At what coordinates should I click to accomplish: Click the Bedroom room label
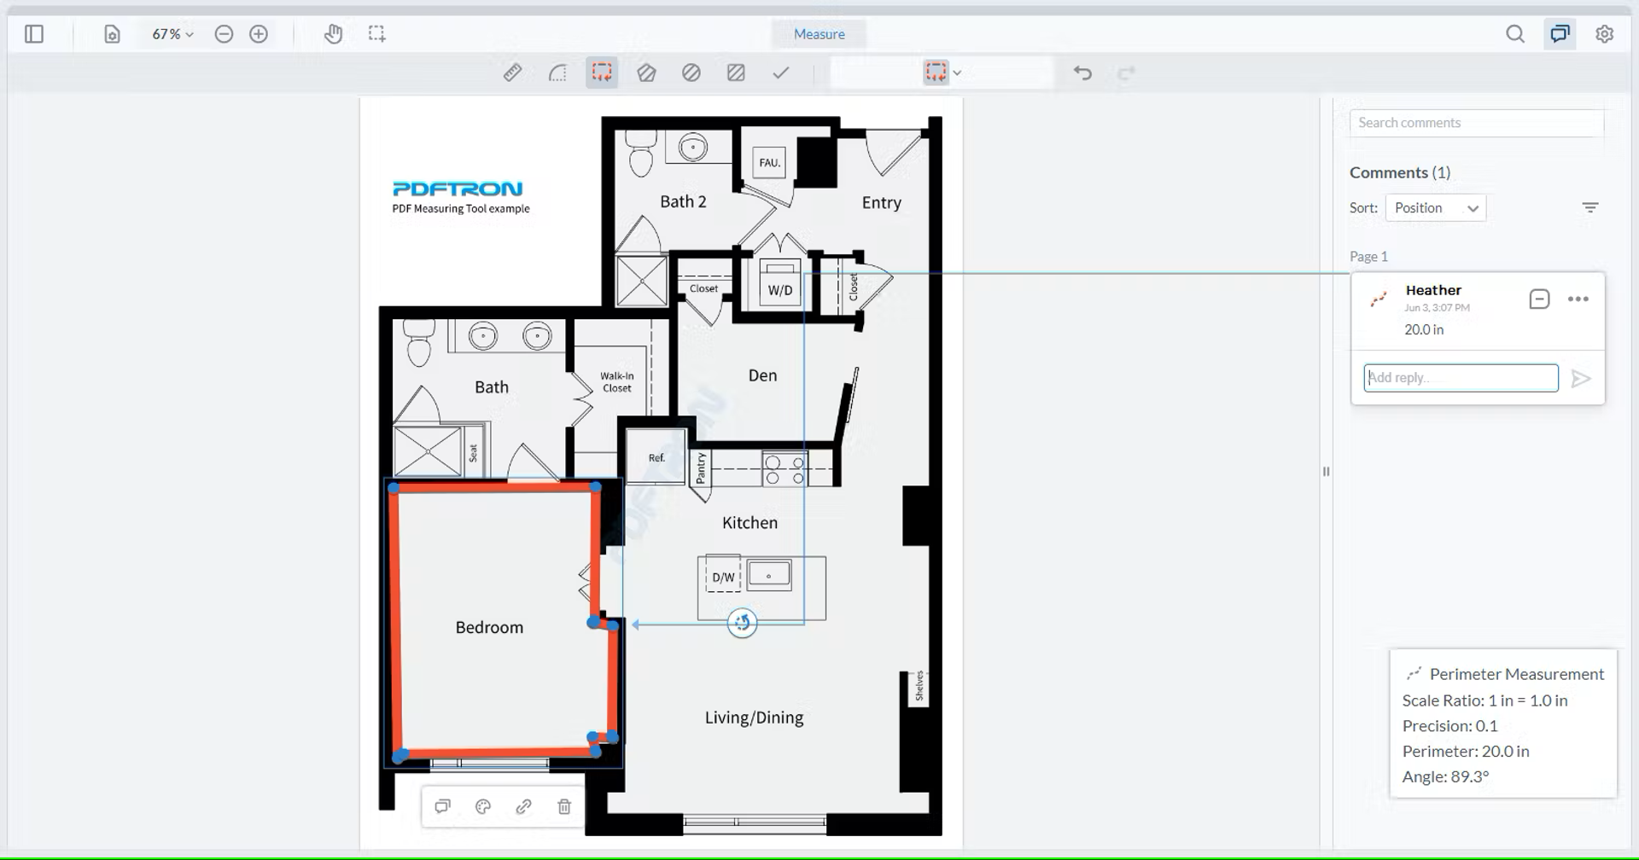(x=489, y=627)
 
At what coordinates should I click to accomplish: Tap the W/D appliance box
(x=779, y=288)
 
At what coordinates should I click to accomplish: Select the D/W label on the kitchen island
(x=723, y=578)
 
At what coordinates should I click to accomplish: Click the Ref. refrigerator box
(x=656, y=456)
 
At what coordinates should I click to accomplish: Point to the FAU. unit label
(x=769, y=162)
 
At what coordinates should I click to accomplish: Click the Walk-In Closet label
(x=616, y=382)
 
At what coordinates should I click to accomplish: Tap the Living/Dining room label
(x=754, y=718)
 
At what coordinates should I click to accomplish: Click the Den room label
(x=762, y=375)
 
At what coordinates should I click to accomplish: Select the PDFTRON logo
(x=458, y=189)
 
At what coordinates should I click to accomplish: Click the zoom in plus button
(x=259, y=34)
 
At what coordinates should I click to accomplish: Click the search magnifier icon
(x=1515, y=34)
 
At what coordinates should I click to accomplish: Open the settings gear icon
(x=1605, y=34)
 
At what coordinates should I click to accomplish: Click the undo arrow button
(x=1082, y=73)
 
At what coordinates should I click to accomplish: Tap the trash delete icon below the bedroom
(x=564, y=806)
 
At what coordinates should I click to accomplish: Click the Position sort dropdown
(x=1435, y=208)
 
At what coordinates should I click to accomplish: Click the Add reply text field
(x=1461, y=378)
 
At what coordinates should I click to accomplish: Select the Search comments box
(x=1476, y=123)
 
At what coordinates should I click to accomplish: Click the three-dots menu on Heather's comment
(x=1578, y=299)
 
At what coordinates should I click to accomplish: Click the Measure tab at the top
(x=819, y=34)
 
